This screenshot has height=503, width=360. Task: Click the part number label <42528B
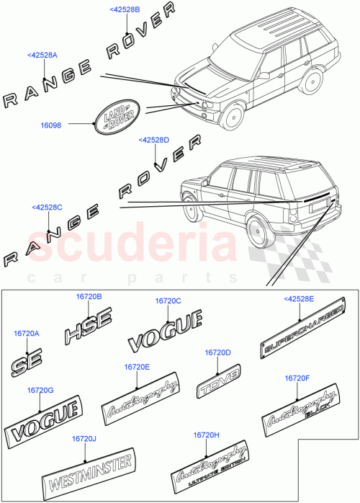pos(125,9)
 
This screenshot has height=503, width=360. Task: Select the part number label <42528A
pos(42,55)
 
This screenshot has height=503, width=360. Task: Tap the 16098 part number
pos(51,124)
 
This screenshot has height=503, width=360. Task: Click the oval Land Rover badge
pos(117,116)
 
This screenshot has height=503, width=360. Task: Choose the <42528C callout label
pos(47,208)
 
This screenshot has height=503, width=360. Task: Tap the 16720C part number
pos(168,301)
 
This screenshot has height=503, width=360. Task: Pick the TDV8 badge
pos(217,385)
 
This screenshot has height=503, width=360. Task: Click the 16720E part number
pos(137,367)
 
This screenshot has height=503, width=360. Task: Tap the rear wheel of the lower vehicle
pos(256,228)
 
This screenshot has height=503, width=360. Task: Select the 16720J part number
pos(84,438)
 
